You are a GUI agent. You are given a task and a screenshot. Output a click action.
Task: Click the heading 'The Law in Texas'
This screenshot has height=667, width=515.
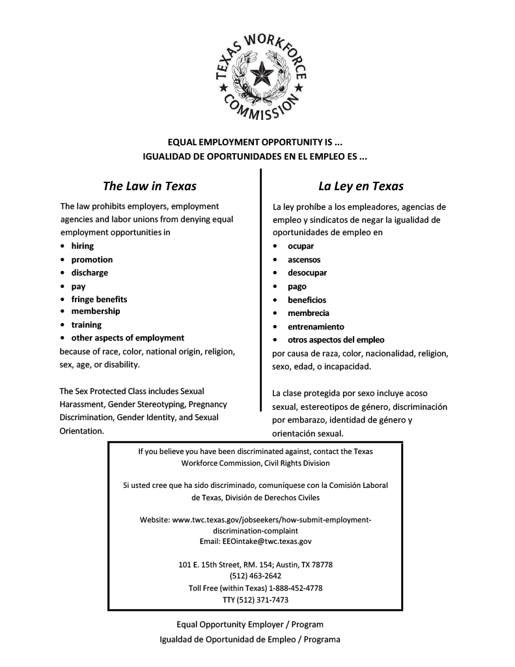pos(150,186)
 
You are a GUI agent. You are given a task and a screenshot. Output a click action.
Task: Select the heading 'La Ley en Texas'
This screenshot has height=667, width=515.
pos(361,186)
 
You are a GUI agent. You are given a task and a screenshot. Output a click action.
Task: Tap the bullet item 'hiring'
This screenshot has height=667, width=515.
pos(82,246)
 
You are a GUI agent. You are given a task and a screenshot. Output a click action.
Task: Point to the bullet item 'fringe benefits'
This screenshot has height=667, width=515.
pos(99,299)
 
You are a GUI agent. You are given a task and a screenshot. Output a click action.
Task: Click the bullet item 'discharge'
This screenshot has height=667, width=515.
pos(90,272)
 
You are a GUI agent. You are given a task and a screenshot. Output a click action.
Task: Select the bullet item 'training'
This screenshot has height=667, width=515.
pos(87,324)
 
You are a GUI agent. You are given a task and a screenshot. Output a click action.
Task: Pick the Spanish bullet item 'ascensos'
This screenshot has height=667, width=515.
pos(304,259)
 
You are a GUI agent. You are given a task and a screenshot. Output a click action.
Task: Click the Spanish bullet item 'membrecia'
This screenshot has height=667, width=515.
pos(309,313)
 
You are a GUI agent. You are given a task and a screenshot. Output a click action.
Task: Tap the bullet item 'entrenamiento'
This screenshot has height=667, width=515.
pos(316,326)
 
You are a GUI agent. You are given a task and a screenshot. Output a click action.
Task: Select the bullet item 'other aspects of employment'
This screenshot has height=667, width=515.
pos(128,337)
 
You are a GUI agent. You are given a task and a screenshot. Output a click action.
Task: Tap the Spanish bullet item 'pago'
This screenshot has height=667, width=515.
pos(297,286)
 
